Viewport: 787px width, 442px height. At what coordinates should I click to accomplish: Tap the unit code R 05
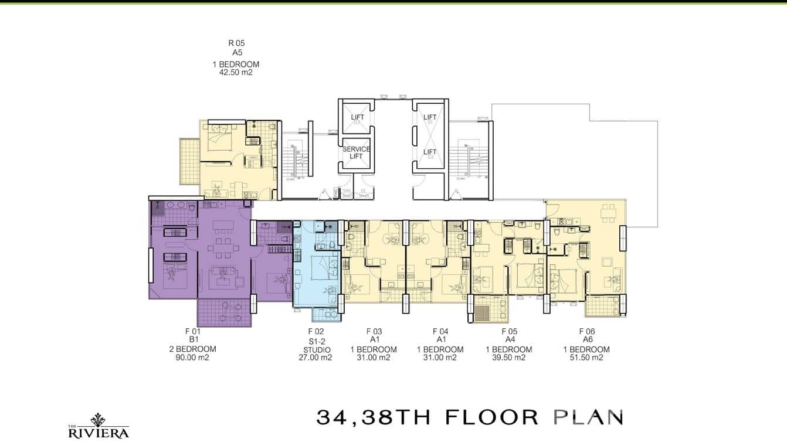[x=236, y=43]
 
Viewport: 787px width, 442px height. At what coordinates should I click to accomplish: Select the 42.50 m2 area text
[x=235, y=73]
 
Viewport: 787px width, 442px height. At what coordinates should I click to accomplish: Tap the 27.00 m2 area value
[x=316, y=357]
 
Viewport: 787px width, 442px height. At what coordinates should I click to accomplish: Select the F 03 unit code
[x=374, y=331]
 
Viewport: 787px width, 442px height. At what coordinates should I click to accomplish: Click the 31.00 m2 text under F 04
[x=440, y=357]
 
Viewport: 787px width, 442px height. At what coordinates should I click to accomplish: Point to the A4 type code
[x=508, y=339]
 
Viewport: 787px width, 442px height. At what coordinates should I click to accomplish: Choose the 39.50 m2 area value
[x=508, y=357]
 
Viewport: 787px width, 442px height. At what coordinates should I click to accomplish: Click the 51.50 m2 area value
[x=586, y=357]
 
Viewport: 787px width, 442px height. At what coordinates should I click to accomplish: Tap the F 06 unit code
[x=586, y=331]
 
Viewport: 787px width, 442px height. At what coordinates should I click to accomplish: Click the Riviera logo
[x=98, y=426]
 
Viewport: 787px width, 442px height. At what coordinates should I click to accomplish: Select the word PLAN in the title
[x=588, y=417]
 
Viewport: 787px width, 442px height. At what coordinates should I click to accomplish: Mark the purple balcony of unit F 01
[x=225, y=312]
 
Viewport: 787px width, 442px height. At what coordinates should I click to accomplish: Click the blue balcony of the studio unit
[x=325, y=315]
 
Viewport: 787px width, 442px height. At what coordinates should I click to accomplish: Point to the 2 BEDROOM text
[x=192, y=349]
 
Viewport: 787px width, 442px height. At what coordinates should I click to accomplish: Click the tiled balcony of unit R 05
[x=189, y=160]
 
